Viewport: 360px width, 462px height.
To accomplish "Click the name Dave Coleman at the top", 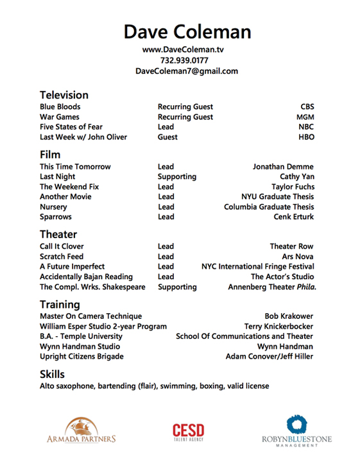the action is click(187, 31).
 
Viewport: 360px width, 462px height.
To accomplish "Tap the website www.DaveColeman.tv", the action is click(187, 49).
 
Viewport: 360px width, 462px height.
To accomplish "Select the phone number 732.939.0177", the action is click(187, 60).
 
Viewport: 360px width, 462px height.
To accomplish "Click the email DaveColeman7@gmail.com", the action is click(187, 71).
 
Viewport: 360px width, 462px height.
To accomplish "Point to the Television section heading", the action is click(64, 95).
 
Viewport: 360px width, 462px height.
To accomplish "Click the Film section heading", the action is click(50, 155).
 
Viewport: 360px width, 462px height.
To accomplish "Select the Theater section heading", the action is click(58, 234).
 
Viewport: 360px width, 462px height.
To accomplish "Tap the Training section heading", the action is click(60, 304).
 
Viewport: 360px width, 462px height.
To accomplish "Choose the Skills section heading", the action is click(52, 374).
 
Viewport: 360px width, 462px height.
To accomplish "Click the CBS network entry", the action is click(307, 107).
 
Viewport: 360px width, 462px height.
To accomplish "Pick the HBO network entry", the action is click(306, 137).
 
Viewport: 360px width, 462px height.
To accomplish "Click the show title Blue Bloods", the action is click(60, 107).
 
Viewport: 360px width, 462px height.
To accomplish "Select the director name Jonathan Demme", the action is click(283, 167).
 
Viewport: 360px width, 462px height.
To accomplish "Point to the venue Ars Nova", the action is click(297, 257).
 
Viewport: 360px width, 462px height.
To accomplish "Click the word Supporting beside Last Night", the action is click(176, 176).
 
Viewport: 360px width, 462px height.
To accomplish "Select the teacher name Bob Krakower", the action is click(289, 316).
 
